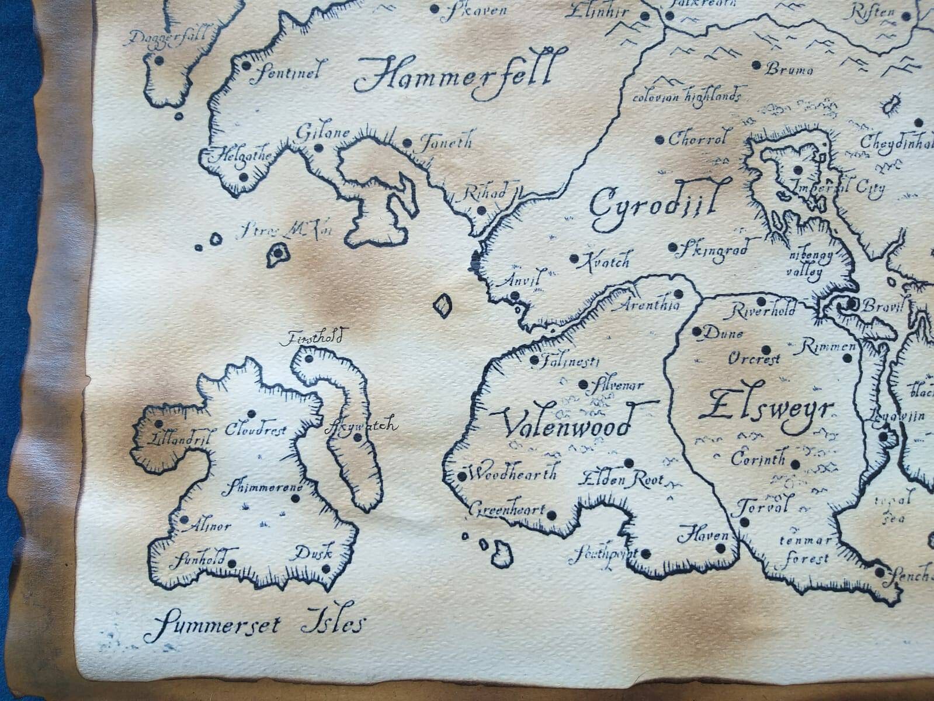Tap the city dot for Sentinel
point(246,65)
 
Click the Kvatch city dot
point(574,258)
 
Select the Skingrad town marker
point(673,248)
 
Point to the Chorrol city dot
point(659,140)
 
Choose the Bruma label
point(789,70)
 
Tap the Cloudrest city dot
point(252,414)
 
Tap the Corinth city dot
point(795,465)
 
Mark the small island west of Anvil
point(444,305)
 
